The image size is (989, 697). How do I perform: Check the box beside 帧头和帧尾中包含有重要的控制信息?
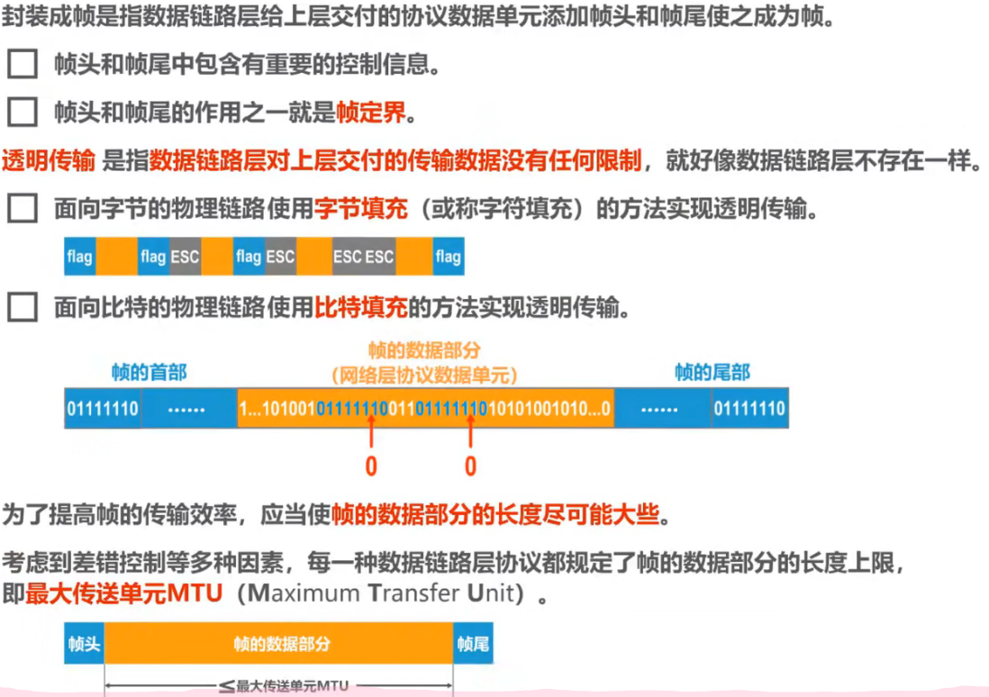click(23, 65)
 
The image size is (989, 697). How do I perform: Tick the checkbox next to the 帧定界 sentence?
click(23, 113)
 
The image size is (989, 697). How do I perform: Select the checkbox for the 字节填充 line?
click(23, 210)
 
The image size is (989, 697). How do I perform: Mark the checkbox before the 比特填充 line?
click(23, 308)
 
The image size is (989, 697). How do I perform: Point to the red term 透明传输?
click(48, 162)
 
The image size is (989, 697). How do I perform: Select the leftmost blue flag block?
click(79, 258)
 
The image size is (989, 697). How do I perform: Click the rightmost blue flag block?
click(448, 258)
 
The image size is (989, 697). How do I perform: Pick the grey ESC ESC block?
click(364, 258)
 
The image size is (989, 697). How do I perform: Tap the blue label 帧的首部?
click(149, 372)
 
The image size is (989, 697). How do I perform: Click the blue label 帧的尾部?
click(712, 372)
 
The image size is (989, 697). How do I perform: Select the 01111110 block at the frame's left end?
click(103, 409)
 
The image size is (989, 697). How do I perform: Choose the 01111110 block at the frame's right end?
click(749, 409)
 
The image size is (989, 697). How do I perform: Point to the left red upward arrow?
click(370, 438)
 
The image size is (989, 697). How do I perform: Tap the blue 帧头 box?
click(85, 645)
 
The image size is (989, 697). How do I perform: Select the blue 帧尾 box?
click(473, 645)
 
